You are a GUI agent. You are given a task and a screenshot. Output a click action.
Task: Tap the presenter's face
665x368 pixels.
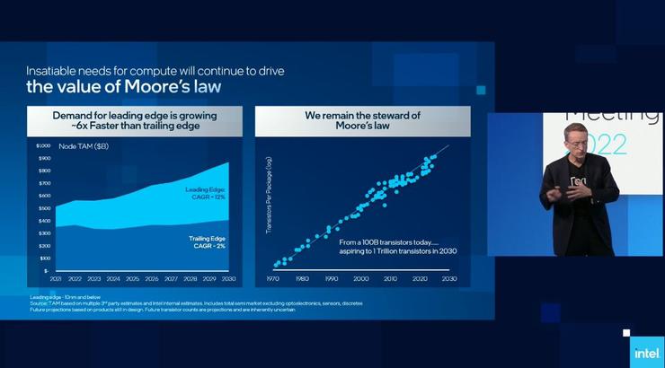(x=576, y=142)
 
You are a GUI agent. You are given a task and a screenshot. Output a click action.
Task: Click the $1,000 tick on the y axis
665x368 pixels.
(x=43, y=145)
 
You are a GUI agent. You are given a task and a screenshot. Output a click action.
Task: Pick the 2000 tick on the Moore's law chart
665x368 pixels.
(x=361, y=279)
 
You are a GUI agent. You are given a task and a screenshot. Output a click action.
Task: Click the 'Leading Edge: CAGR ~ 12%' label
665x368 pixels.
(x=206, y=194)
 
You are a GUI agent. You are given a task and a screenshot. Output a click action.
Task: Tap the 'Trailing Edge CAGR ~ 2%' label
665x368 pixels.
(x=206, y=241)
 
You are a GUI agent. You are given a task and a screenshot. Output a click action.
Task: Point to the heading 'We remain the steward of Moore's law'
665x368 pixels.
(x=362, y=120)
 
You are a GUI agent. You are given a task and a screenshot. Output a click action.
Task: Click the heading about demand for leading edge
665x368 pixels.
(x=134, y=120)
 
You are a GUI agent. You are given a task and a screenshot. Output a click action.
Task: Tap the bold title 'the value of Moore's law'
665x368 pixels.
(x=123, y=87)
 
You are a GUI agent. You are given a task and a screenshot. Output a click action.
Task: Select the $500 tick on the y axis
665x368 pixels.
(x=44, y=208)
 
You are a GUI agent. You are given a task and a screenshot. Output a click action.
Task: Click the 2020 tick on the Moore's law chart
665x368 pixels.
(x=420, y=279)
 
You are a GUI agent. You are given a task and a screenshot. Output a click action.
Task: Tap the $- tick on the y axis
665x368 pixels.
(x=46, y=270)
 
